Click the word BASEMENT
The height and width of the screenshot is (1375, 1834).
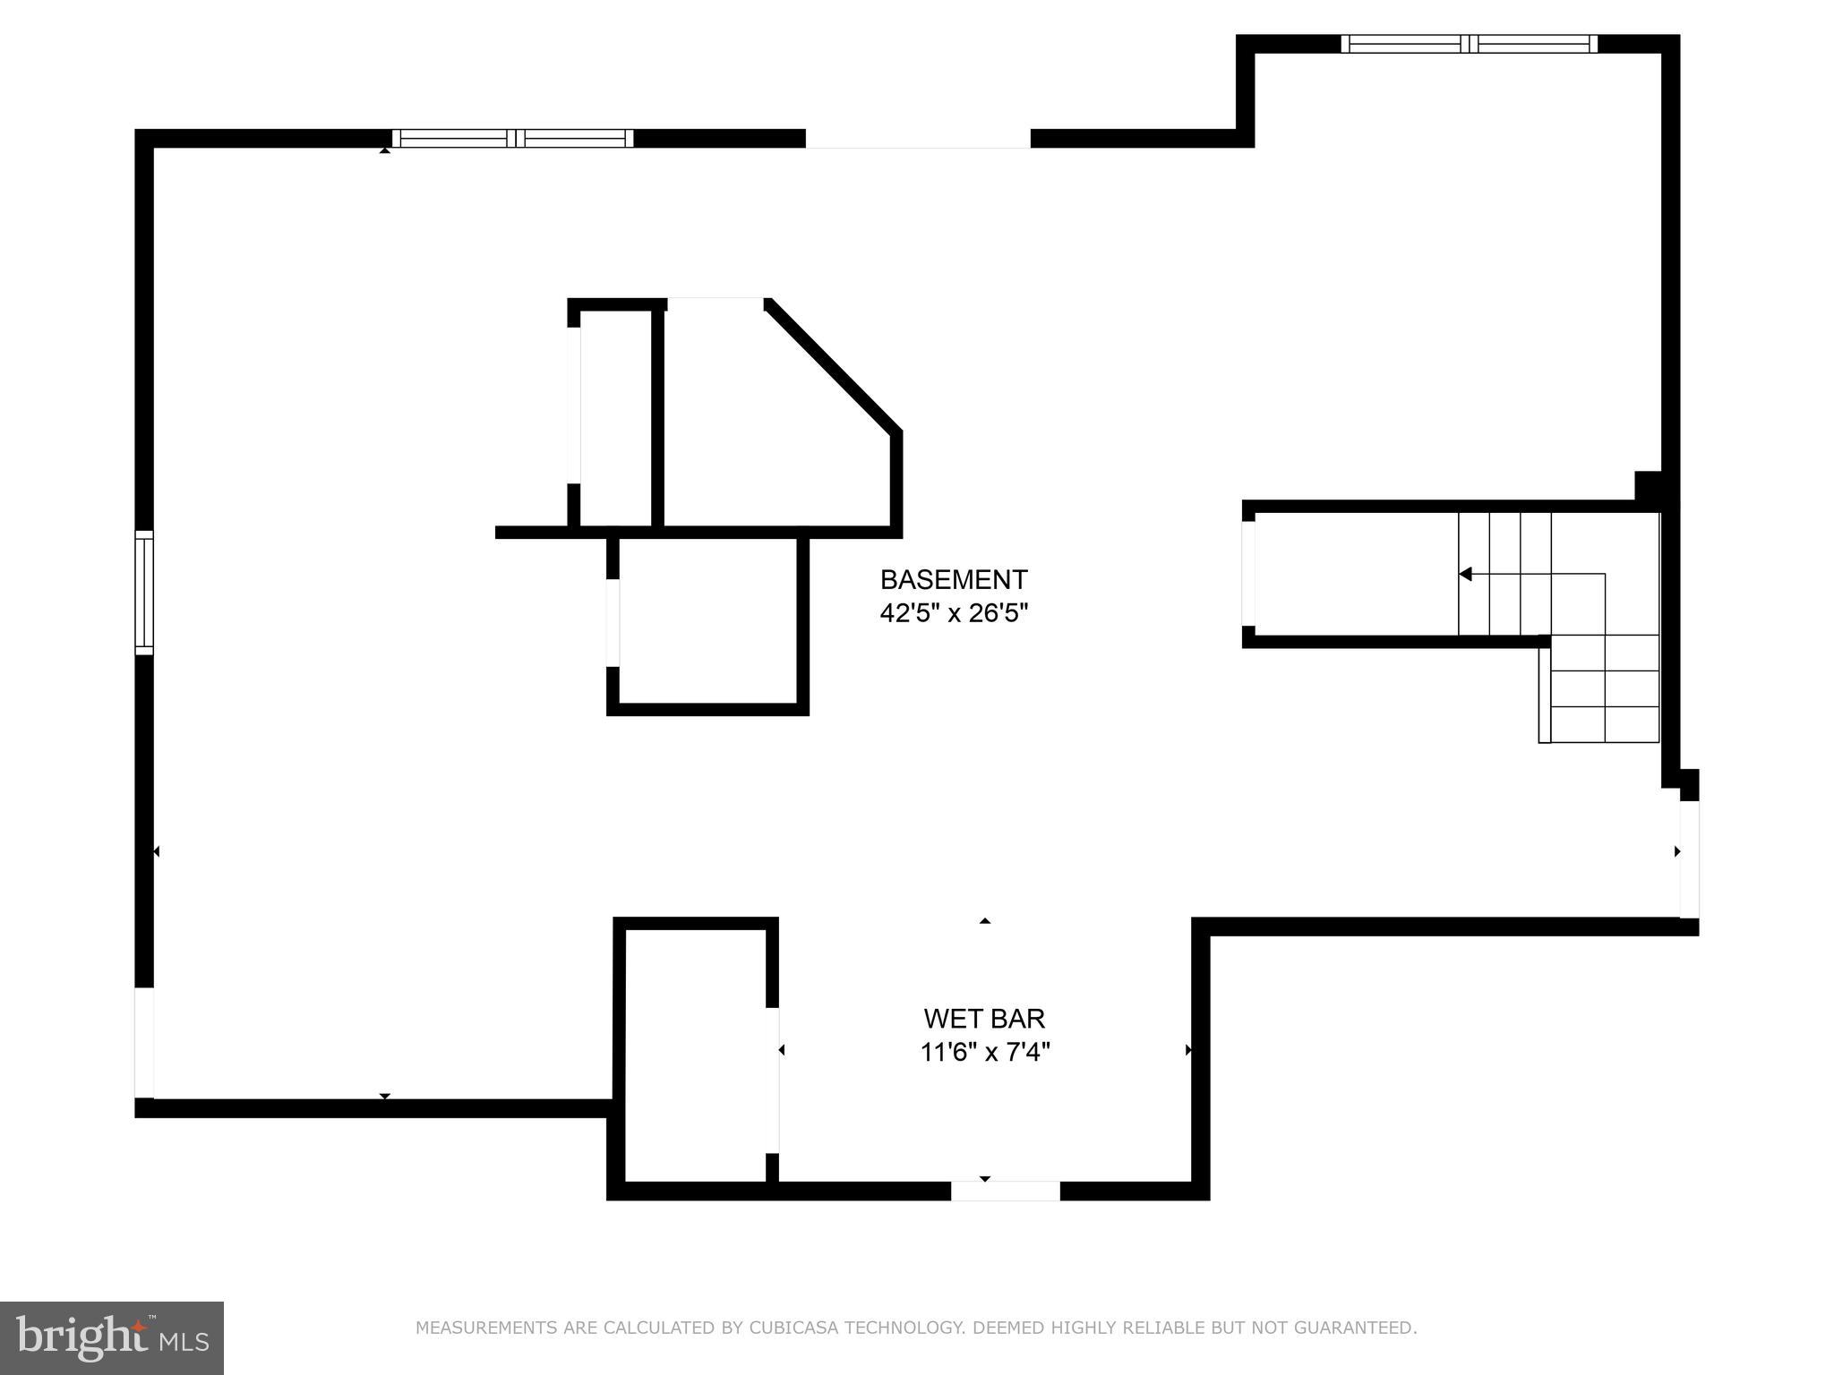953,580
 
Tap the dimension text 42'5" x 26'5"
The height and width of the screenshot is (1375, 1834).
953,614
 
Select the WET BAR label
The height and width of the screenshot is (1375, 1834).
984,1019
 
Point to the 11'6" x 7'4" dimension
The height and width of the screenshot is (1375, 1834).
984,1052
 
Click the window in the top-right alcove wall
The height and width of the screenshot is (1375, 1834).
1469,44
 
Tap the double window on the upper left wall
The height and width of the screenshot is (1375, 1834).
512,139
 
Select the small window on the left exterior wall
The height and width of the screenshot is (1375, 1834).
144,592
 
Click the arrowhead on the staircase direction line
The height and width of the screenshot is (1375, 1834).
1465,574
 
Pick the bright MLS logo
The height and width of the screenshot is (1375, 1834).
111,1338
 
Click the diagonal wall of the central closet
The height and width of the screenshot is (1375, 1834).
833,367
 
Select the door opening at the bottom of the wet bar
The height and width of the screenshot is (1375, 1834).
1005,1191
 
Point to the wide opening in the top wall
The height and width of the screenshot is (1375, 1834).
918,140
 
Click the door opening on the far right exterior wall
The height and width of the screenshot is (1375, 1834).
1689,858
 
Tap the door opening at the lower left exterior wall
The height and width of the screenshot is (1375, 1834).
144,1043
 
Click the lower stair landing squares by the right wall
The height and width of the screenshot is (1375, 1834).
1605,689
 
